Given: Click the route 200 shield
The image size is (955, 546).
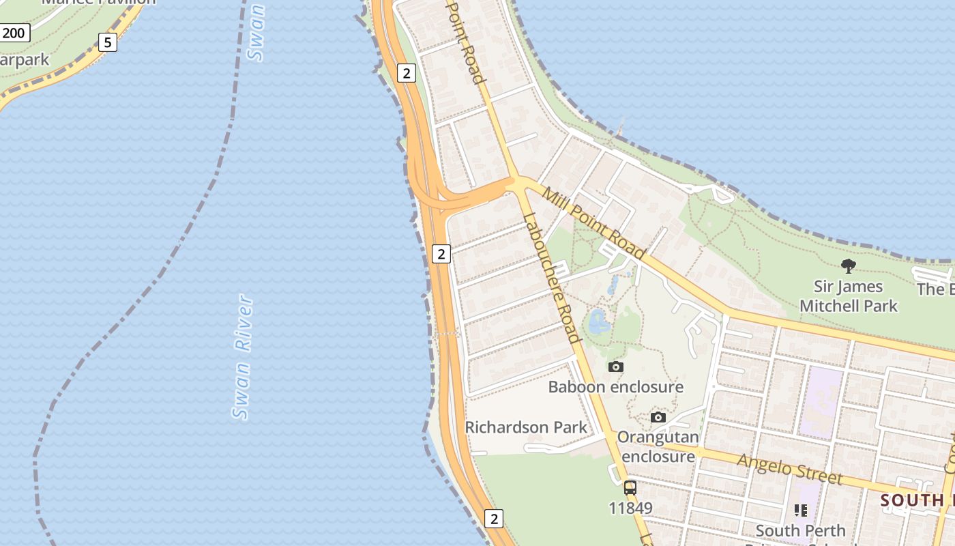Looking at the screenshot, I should [14, 32].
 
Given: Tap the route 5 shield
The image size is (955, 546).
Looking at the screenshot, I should [107, 43].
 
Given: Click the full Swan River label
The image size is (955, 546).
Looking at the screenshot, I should [242, 357].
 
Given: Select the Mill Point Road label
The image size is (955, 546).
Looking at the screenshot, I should [593, 223].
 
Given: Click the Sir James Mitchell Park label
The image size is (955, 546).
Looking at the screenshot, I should [849, 296].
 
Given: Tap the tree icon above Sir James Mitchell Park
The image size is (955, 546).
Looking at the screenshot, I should [849, 265].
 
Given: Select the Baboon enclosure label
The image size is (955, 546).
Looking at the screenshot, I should [615, 387].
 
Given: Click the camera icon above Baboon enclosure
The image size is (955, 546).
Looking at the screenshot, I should [615, 367].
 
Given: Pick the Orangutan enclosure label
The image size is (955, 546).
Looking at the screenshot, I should [658, 446].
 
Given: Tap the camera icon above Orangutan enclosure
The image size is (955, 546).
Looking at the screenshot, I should [658, 417].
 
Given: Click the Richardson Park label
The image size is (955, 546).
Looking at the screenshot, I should [526, 427].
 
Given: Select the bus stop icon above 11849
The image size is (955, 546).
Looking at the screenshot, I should [630, 488].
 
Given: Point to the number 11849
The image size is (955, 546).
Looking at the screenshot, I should [630, 508].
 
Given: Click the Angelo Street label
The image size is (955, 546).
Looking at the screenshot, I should [790, 470].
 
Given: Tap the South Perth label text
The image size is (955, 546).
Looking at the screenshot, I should [800, 530].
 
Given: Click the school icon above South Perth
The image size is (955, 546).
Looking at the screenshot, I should [801, 510].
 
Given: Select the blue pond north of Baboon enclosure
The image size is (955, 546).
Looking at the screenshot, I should [599, 321].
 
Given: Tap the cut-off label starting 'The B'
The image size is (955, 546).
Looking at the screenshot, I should [935, 289].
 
